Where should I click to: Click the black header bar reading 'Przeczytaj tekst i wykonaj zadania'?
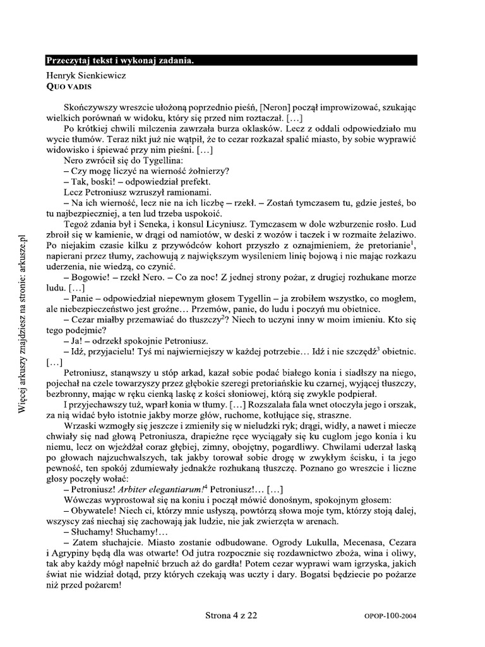click(231, 61)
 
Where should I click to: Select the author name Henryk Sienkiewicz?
click(87, 75)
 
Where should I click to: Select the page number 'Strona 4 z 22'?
click(231, 614)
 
